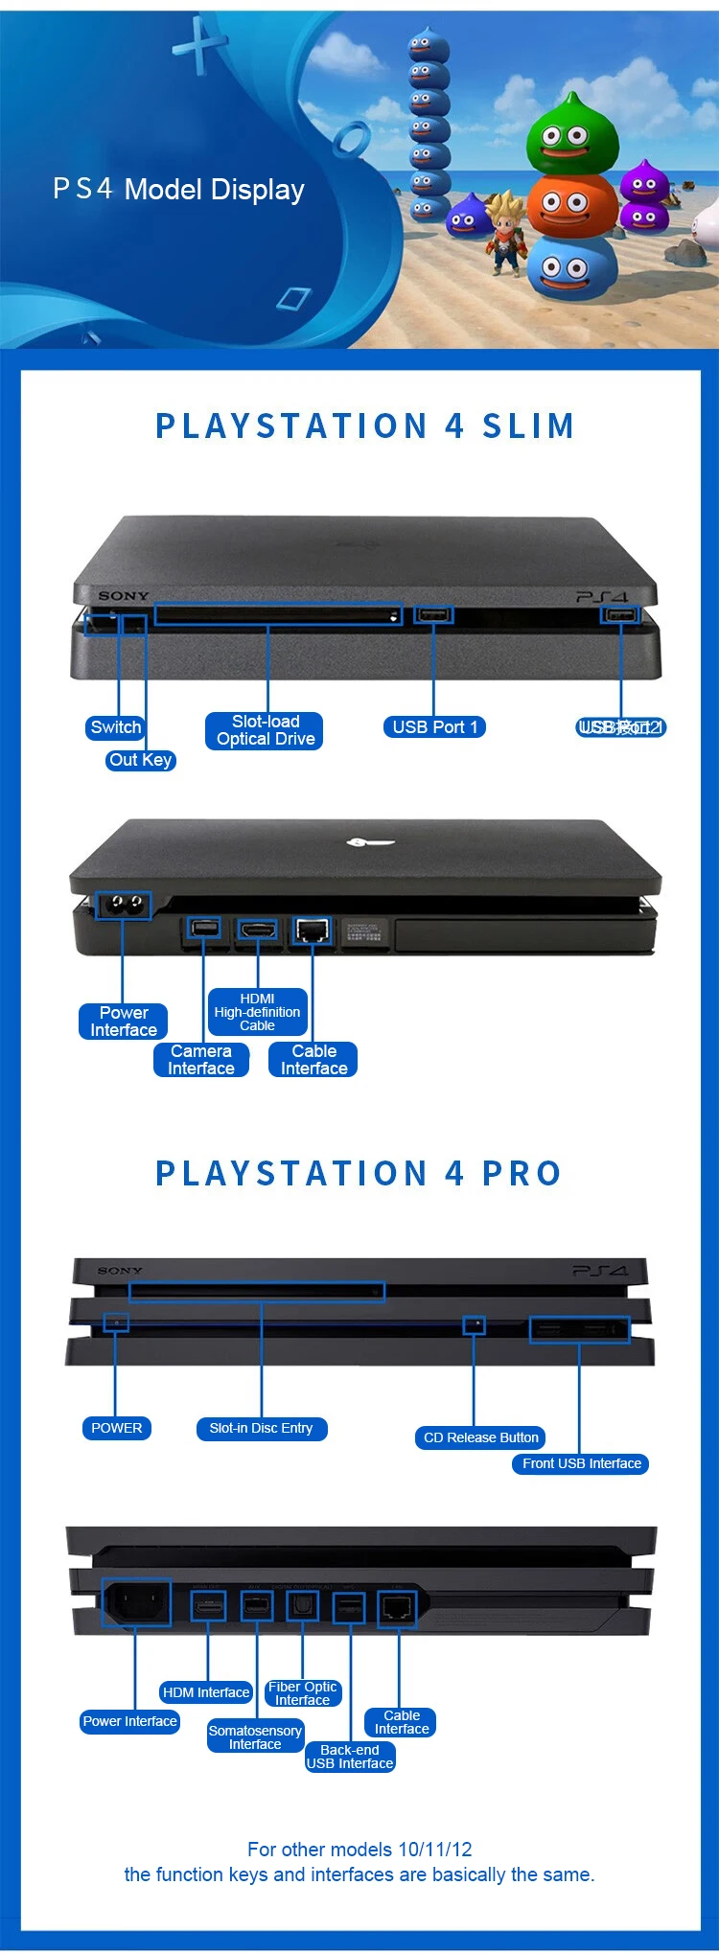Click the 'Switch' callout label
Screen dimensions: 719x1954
pyautogui.click(x=115, y=727)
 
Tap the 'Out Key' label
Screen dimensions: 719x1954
pyautogui.click(x=140, y=760)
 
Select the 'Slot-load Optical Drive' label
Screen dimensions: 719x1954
pyautogui.click(x=265, y=730)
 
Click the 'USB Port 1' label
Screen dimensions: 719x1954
pyautogui.click(x=434, y=727)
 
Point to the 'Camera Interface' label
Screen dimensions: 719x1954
pyautogui.click(x=201, y=1060)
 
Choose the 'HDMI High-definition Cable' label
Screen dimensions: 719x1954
pyautogui.click(x=257, y=1012)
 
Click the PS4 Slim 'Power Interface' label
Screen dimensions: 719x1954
pyautogui.click(x=123, y=1022)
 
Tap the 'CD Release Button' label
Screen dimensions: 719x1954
pyautogui.click(x=480, y=1437)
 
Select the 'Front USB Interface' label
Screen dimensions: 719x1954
pyautogui.click(x=581, y=1463)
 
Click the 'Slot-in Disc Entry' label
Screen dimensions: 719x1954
pyautogui.click(x=261, y=1428)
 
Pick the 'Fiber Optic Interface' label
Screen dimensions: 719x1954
pyautogui.click(x=302, y=1693)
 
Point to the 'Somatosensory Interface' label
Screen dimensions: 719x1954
pyautogui.click(x=255, y=1737)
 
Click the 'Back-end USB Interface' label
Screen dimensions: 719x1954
pyautogui.click(x=350, y=1757)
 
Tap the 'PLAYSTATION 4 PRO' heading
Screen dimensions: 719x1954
pyautogui.click(x=359, y=1173)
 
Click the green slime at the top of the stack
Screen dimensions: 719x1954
pyautogui.click(x=571, y=135)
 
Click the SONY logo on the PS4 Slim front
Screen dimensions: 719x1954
pyautogui.click(x=123, y=596)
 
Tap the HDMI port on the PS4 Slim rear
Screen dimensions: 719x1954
pyautogui.click(x=257, y=929)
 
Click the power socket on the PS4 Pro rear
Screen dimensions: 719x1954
pyautogui.click(x=136, y=1602)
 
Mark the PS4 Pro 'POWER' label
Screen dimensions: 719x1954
pyautogui.click(x=116, y=1428)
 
